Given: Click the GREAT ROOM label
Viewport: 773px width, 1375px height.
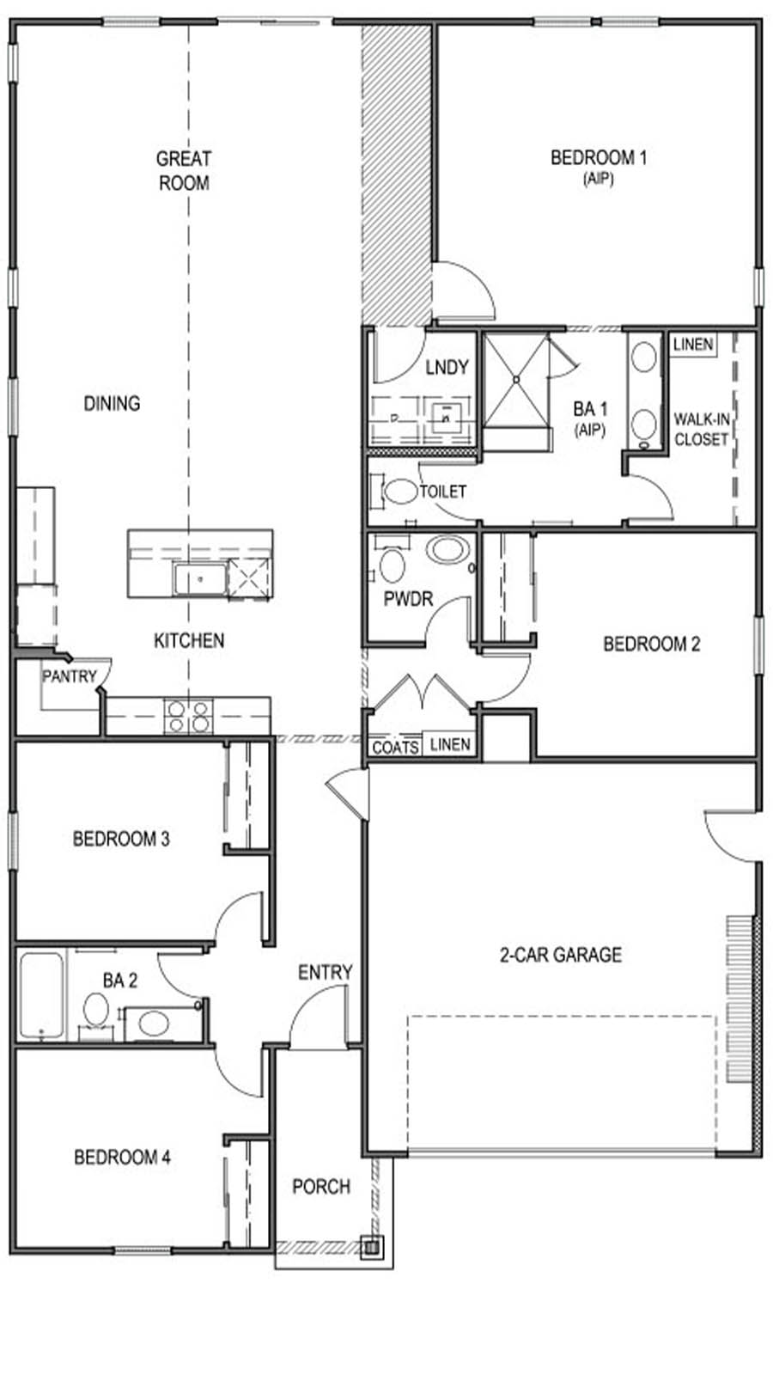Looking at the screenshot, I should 184,170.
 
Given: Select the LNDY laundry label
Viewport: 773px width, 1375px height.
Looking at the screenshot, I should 447,367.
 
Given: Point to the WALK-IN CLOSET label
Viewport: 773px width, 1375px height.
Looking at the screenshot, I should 701,429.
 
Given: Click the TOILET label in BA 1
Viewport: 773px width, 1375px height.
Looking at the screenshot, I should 443,492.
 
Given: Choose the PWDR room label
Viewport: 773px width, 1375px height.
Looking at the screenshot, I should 408,599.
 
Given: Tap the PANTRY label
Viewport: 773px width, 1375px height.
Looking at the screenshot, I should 70,676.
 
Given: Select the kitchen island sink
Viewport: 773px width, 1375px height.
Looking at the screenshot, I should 199,579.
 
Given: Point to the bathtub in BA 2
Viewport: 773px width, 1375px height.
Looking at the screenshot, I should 41,995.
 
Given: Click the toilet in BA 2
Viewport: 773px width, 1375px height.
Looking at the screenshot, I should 94,1009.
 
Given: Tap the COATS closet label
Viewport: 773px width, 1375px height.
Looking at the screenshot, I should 395,748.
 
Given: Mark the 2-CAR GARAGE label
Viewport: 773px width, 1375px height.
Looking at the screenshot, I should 561,954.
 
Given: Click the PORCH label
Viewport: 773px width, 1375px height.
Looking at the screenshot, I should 321,1187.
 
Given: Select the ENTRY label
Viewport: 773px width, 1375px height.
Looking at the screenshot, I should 325,972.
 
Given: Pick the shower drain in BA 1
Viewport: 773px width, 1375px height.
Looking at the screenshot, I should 515,378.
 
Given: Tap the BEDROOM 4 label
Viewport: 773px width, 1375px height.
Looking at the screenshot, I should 122,1158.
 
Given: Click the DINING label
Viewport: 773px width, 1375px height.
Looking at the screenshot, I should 112,403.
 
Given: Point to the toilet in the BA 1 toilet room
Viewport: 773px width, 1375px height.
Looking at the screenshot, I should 399,492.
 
